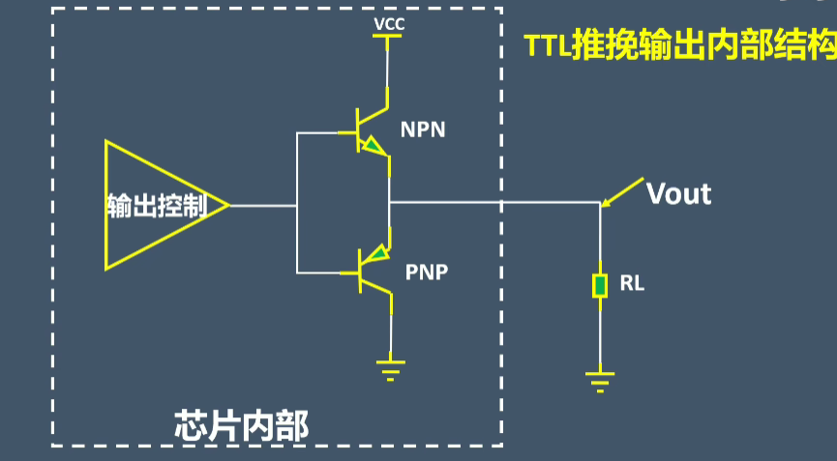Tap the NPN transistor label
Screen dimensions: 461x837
423,129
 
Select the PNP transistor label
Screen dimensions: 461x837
426,272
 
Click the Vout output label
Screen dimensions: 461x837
678,193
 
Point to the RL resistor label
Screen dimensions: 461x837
632,284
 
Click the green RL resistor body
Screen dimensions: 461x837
600,285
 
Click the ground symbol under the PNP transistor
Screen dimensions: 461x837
390,370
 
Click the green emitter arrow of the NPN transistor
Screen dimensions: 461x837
369,146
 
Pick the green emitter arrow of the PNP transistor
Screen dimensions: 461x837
371,256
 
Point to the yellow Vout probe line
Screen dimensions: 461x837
622,190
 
